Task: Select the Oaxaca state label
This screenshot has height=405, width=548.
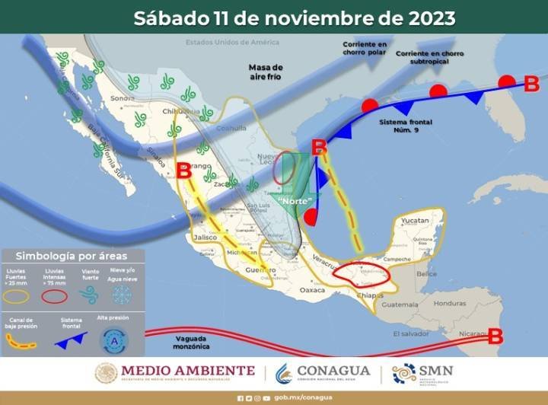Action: (x=313, y=290)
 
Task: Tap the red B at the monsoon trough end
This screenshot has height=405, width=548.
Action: (x=495, y=335)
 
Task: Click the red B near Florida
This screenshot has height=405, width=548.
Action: (x=531, y=82)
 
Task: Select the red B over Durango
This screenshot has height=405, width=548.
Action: (x=183, y=170)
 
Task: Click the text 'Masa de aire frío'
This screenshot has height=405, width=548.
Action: (x=266, y=72)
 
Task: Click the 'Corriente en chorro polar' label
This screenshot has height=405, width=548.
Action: (x=364, y=50)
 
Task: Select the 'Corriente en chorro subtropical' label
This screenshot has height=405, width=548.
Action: (x=432, y=56)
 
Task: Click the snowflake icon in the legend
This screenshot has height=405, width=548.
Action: (x=122, y=295)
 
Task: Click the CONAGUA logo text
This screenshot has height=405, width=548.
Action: (x=333, y=372)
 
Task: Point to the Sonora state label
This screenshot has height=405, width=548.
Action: (x=123, y=98)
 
